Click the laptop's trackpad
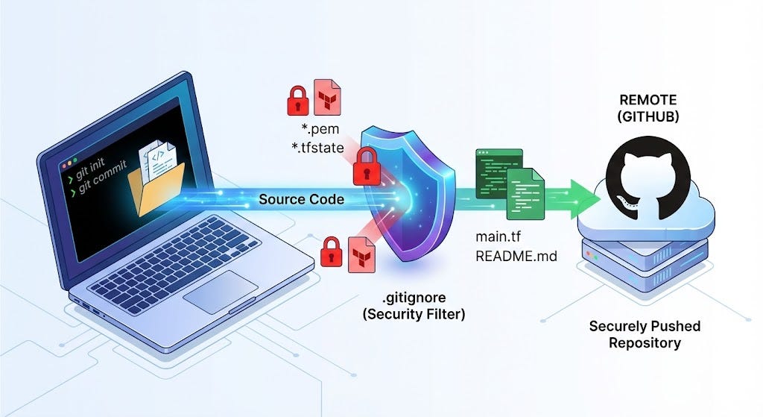[x=221, y=292]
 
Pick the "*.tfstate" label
[x=318, y=147]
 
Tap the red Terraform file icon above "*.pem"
[x=326, y=97]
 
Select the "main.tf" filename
[x=497, y=239]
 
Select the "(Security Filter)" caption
[x=414, y=314]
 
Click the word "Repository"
[x=645, y=343]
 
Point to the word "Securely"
[x=616, y=327]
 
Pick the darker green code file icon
[x=493, y=173]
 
